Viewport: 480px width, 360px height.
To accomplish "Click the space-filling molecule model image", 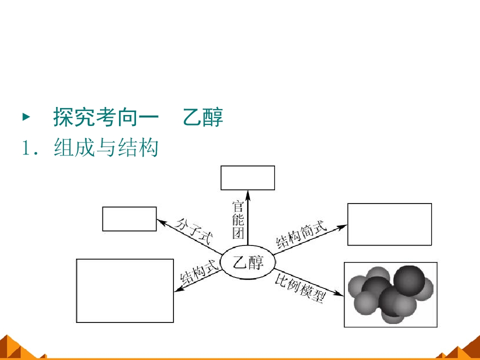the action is [390, 295].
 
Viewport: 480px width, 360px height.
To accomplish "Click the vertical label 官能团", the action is [238, 219].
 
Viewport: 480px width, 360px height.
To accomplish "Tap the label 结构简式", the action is [301, 234].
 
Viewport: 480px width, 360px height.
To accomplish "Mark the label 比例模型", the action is [300, 288].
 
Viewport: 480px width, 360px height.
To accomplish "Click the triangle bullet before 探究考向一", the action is [26, 116].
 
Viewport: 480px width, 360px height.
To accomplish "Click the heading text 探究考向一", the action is [106, 117].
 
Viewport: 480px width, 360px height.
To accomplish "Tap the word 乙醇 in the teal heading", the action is [203, 117].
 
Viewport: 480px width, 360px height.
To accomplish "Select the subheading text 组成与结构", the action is [106, 147].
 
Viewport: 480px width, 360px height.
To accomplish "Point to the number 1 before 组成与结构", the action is [26, 148].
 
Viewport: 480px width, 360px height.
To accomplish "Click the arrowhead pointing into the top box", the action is [248, 195].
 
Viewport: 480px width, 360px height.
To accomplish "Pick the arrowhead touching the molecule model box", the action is [339, 293].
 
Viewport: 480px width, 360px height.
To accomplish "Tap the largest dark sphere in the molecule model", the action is [409, 280].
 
